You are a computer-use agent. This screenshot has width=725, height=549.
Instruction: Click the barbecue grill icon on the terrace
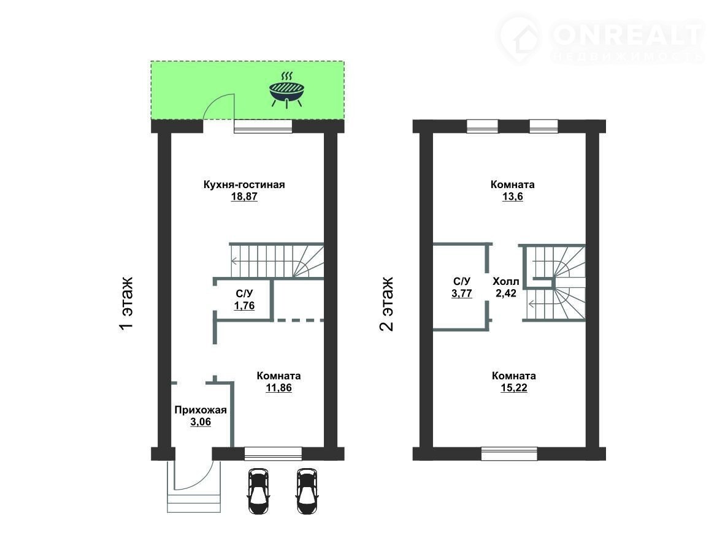[286, 89]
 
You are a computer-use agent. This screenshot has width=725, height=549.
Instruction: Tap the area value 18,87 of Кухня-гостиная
[244, 197]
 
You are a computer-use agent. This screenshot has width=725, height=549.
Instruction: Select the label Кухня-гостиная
[244, 184]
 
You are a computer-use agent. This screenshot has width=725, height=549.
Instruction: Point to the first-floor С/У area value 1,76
[244, 306]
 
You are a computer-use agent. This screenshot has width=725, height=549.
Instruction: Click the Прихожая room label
[201, 410]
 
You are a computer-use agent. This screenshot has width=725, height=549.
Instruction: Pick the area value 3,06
[201, 422]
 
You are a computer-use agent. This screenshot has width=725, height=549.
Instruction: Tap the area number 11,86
[279, 388]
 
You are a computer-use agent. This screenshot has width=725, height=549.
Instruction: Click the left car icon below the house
[258, 491]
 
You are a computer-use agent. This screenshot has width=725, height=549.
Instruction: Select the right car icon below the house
[307, 491]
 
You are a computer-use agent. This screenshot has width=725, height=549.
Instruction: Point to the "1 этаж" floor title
[126, 303]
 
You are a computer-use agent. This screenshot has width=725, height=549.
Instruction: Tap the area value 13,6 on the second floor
[513, 197]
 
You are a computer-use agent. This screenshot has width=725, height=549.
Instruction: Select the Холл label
[506, 282]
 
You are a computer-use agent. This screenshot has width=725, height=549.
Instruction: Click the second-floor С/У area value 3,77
[462, 293]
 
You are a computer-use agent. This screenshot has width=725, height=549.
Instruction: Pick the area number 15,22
[514, 388]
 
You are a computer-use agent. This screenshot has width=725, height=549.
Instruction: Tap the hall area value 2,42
[506, 293]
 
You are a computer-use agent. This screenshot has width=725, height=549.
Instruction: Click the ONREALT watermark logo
[600, 39]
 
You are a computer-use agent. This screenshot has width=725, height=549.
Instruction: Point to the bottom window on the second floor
[509, 454]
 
